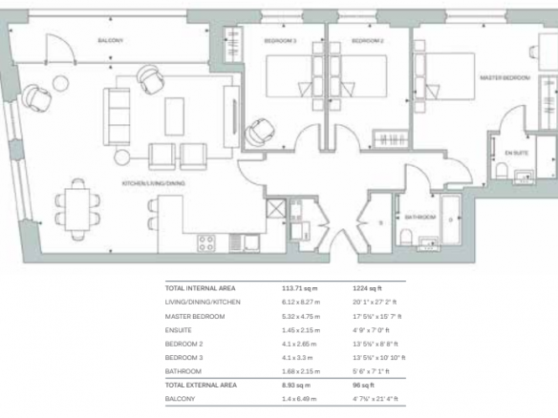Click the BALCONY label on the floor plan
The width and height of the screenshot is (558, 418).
111,40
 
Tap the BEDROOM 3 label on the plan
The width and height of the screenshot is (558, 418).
280,41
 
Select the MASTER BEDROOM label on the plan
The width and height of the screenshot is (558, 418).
505,77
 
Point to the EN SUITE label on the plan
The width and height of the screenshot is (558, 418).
517,153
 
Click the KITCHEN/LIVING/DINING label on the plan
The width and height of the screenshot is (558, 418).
154,183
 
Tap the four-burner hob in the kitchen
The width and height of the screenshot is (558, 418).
206,243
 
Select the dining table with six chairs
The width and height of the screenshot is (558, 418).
77,210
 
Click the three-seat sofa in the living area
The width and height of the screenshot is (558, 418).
117,117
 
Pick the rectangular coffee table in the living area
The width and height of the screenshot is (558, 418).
174,116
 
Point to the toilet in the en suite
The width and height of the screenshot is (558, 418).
502,171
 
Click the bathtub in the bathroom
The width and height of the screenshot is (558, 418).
451,219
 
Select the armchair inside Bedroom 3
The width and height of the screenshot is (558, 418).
260,132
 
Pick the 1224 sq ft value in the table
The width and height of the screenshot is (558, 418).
367,288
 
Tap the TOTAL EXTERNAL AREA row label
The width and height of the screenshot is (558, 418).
201,385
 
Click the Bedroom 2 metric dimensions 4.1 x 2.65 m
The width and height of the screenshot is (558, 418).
299,345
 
